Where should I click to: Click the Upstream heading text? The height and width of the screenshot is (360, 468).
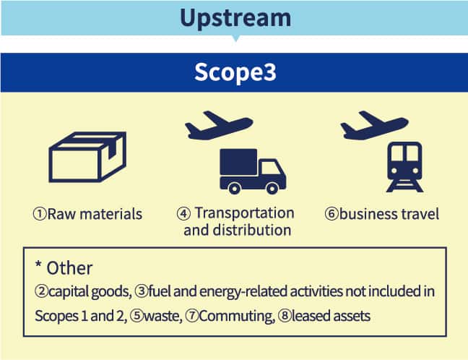point(235,19)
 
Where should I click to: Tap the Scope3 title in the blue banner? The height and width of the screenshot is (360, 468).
point(235,72)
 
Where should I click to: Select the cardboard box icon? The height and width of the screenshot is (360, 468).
point(87,157)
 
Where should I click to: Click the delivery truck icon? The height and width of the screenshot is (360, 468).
point(253,171)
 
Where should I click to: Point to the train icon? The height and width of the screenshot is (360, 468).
point(404,167)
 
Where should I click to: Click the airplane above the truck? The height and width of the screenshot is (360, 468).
point(219,125)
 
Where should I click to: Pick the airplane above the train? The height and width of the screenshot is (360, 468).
point(374,125)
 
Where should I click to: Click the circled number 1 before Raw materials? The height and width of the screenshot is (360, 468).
point(40,214)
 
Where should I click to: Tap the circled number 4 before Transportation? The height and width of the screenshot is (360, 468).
point(183,214)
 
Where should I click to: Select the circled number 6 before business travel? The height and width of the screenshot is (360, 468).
point(331,214)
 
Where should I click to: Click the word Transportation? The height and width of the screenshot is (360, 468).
point(245,213)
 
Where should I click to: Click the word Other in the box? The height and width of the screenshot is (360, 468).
point(69,268)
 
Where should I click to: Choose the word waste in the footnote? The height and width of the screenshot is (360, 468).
point(162,316)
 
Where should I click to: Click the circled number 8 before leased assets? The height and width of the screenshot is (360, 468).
point(285,316)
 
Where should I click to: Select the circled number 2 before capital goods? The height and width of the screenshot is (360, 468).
point(41,291)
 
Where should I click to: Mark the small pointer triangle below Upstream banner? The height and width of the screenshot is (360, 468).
point(235,38)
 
